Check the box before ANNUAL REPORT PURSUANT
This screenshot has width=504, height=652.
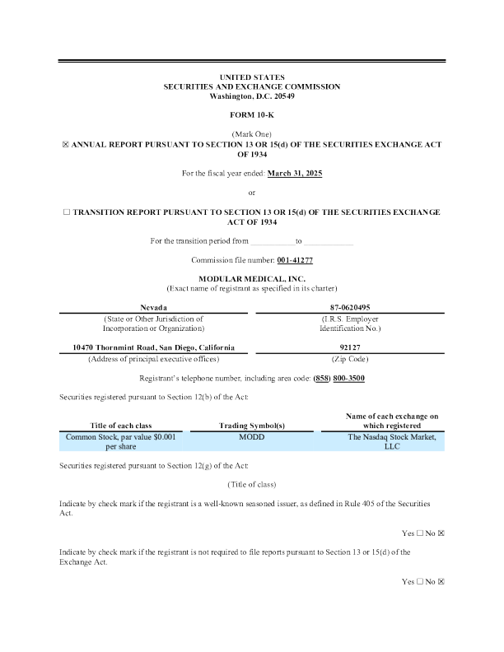(67, 144)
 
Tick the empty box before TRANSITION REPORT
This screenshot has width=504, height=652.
(67, 212)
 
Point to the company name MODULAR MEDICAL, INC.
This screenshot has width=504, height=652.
(252, 279)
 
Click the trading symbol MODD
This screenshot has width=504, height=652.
(251, 437)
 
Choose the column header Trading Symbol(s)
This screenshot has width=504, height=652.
(251, 425)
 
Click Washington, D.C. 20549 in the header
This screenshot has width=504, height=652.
(252, 96)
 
